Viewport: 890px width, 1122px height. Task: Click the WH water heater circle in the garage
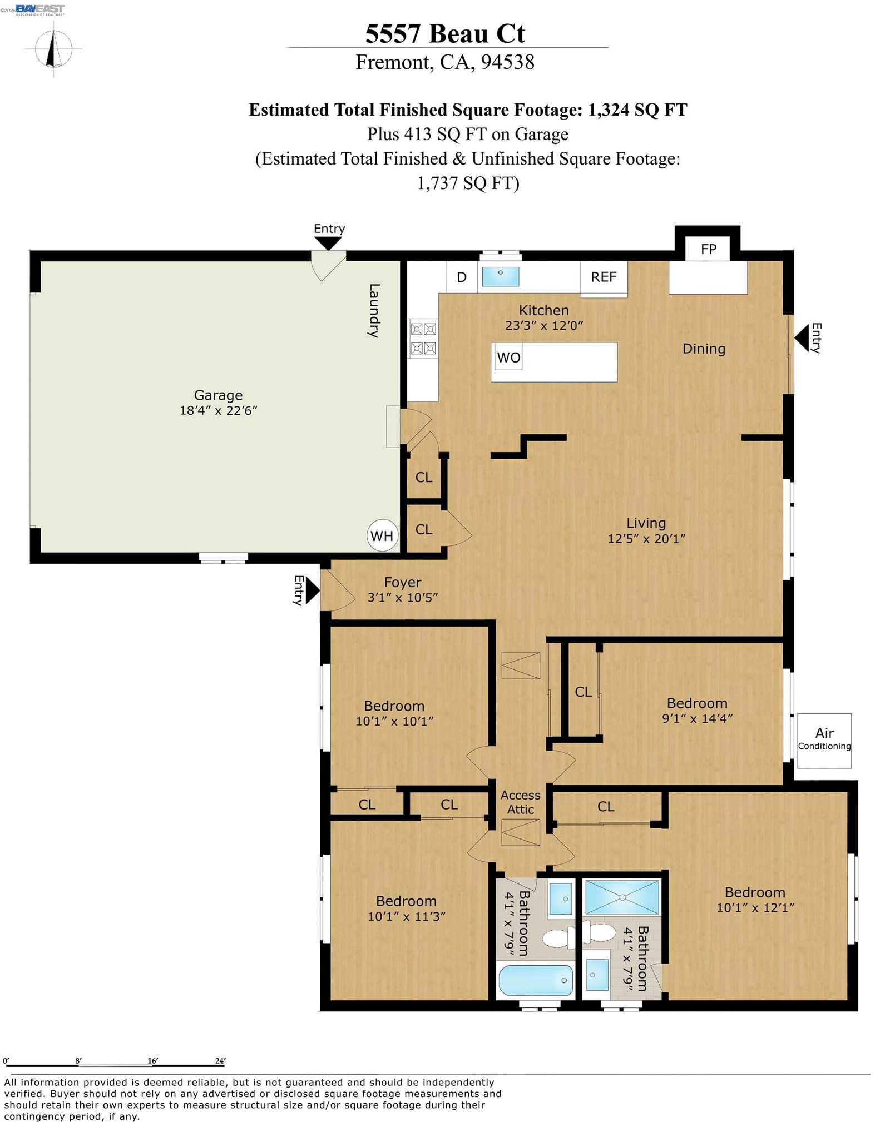click(382, 535)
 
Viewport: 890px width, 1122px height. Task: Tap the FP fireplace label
click(708, 249)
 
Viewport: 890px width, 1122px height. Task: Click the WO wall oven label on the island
click(508, 357)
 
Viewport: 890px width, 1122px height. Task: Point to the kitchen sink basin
click(500, 276)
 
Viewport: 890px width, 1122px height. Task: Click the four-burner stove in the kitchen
click(423, 339)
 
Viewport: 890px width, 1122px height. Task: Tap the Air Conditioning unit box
click(824, 740)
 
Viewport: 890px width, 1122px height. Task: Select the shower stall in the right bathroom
click(622, 897)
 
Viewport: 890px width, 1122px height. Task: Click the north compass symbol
click(53, 49)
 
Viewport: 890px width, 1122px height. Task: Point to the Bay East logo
click(40, 10)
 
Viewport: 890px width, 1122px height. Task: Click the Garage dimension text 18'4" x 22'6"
click(218, 410)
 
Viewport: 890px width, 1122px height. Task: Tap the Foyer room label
click(403, 582)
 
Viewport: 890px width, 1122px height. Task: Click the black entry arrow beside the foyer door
click(313, 590)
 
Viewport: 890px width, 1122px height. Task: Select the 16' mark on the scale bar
click(152, 1061)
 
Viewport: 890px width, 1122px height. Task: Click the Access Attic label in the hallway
click(520, 802)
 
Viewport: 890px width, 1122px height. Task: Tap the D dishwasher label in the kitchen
click(462, 277)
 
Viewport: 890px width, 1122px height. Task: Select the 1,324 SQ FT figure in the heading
click(637, 110)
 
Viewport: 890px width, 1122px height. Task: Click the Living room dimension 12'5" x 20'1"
click(646, 538)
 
